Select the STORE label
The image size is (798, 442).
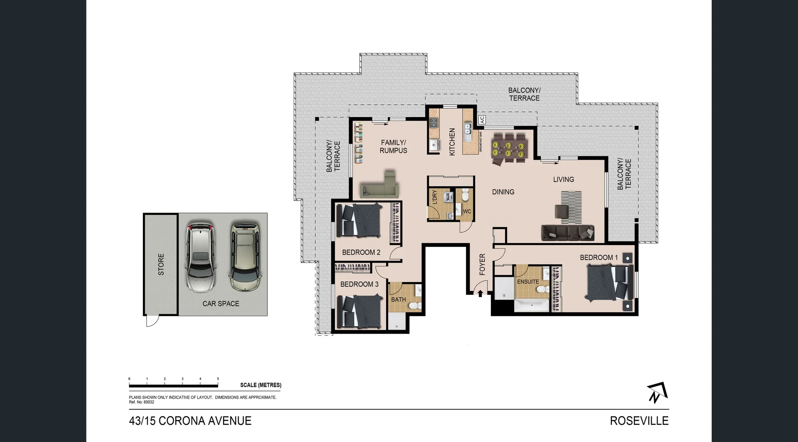point(161,264)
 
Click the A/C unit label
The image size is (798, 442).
point(482,120)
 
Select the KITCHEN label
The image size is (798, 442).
point(452,142)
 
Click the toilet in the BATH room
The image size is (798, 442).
point(414,306)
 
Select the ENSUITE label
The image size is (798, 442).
point(528,282)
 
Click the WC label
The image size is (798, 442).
point(467,211)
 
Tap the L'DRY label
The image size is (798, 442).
point(435,197)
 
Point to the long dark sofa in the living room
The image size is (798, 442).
point(568,233)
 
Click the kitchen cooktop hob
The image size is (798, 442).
point(434,122)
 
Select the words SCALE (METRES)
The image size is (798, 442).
point(261,385)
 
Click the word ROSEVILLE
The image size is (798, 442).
point(639,421)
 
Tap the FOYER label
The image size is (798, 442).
point(482,264)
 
